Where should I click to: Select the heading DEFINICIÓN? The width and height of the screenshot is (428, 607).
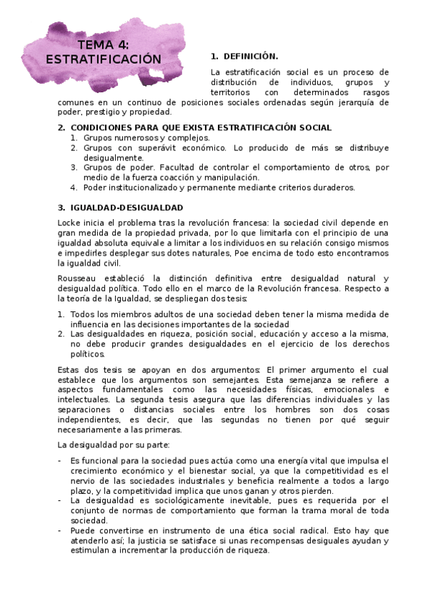tap(250, 56)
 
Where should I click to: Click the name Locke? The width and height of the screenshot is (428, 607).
tap(70, 223)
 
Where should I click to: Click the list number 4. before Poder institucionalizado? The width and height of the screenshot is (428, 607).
tap(74, 188)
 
